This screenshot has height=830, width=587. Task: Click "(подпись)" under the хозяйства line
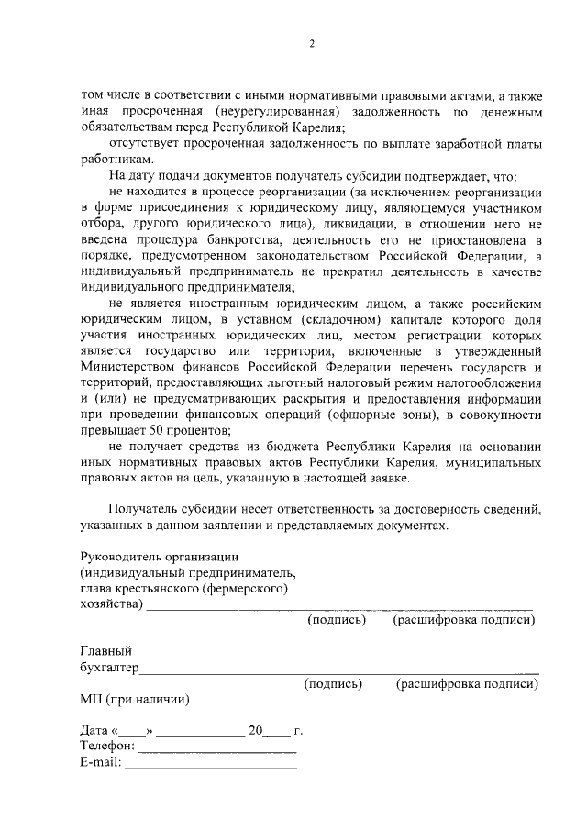pos(337,620)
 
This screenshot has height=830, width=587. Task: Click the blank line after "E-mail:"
pos(211,765)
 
